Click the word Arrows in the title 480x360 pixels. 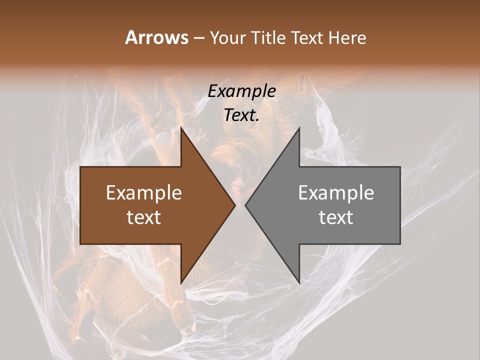point(156,37)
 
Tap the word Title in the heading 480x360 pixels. point(269,38)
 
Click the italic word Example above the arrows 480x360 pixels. point(241,91)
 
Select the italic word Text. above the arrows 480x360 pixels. point(241,115)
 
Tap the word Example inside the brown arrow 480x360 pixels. point(143,193)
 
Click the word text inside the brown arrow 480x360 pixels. point(143,217)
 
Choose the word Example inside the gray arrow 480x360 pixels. point(336,193)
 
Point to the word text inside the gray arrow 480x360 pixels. point(336,217)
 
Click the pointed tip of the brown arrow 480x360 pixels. point(234,205)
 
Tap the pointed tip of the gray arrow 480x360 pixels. point(246,205)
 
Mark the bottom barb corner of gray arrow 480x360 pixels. point(299,283)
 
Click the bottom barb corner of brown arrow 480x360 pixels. point(181,283)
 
